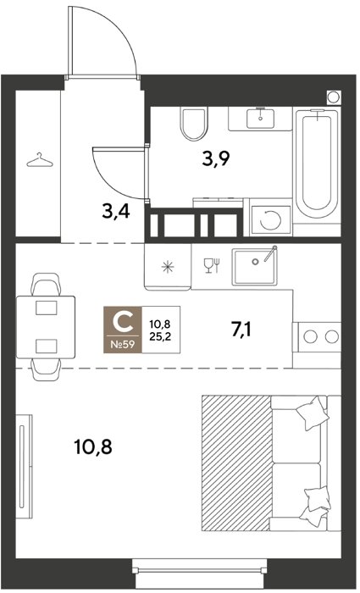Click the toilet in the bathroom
tap(194, 123)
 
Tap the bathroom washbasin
tap(260, 118)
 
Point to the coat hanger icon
tap(40, 160)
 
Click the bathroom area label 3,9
tap(216, 159)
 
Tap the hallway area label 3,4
tap(116, 212)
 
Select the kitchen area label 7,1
tap(241, 330)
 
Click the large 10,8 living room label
tap(93, 446)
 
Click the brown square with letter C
tap(123, 329)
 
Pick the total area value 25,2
tap(160, 336)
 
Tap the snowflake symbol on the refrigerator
tap(168, 267)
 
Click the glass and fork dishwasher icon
tap(212, 265)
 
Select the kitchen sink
tap(254, 266)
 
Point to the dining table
tap(46, 327)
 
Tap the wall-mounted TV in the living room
tap(24, 466)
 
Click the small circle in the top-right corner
tap(334, 97)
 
